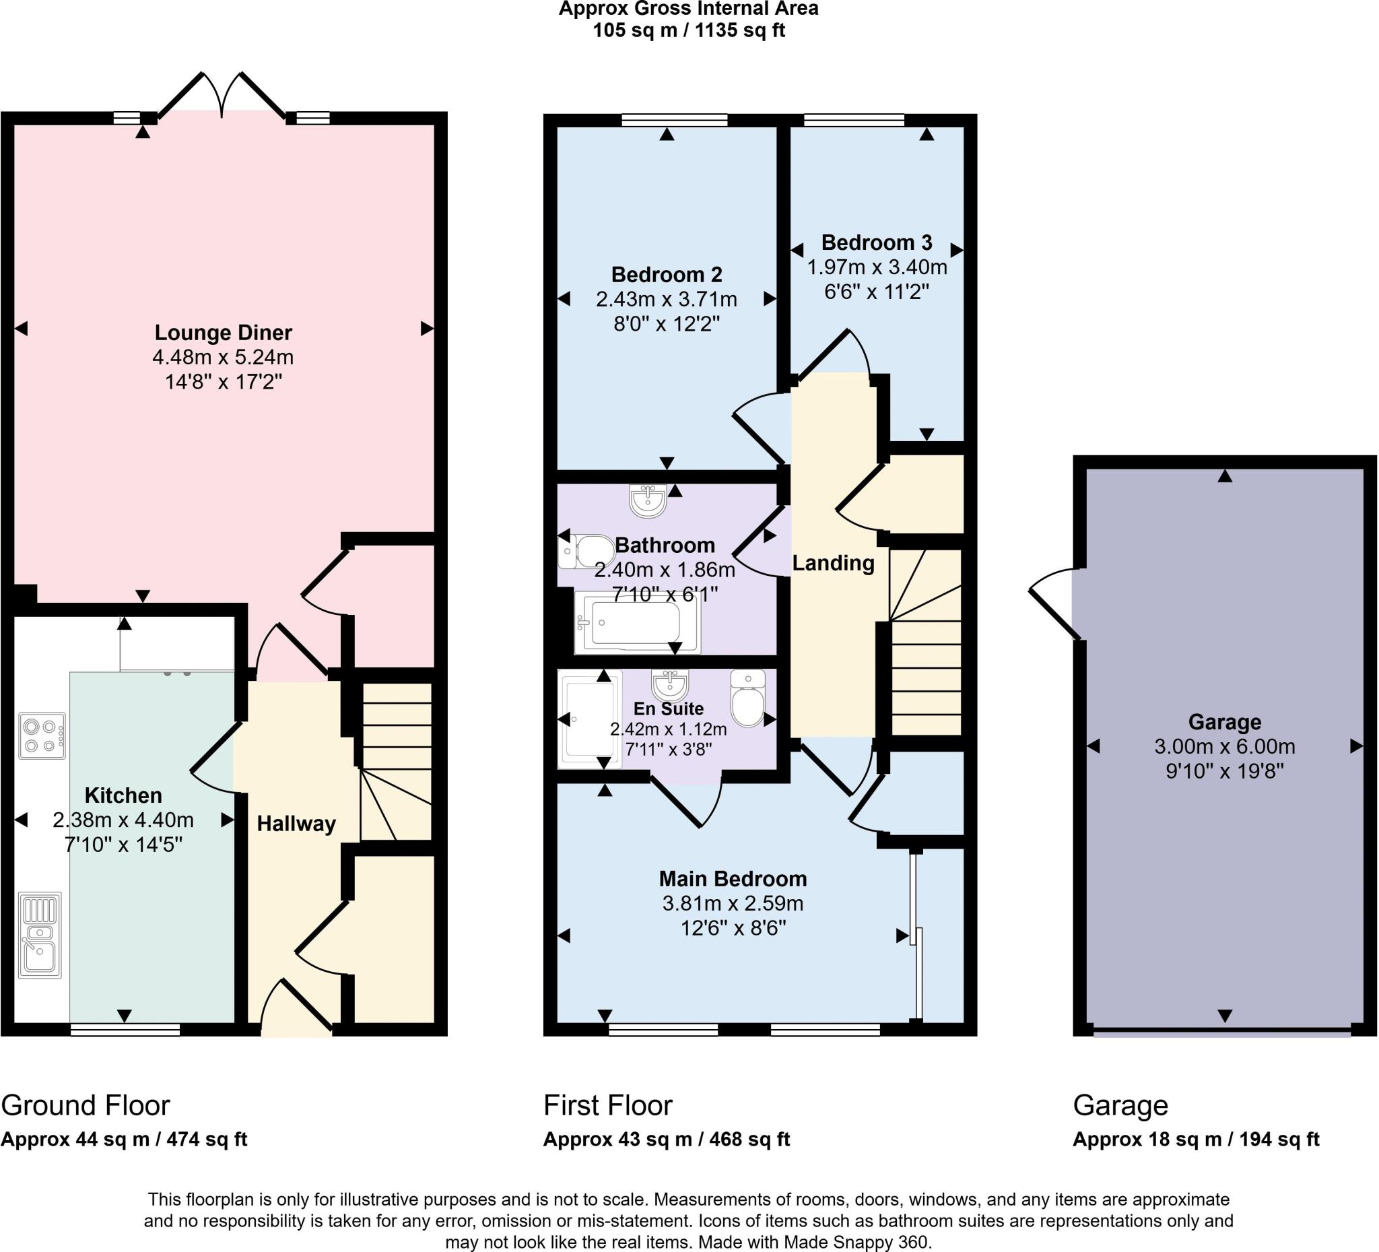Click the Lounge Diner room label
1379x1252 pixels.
tap(223, 333)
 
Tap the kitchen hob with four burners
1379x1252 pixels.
tap(42, 735)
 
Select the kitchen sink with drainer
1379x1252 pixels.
tap(40, 935)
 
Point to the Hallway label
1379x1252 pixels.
tap(296, 824)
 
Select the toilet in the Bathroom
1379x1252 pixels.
tap(587, 552)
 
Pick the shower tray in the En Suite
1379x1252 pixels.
tap(589, 719)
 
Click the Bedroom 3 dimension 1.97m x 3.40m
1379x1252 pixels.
tap(877, 267)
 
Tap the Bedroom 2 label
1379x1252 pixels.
tap(666, 274)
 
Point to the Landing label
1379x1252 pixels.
tap(833, 563)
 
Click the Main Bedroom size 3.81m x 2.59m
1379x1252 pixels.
tap(733, 904)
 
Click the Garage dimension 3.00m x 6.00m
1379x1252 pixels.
tap(1224, 746)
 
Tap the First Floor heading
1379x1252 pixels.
tap(607, 1106)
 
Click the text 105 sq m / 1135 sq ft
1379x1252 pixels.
tap(688, 31)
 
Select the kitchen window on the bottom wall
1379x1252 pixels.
tap(125, 1030)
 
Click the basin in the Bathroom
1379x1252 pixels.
tap(647, 501)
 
